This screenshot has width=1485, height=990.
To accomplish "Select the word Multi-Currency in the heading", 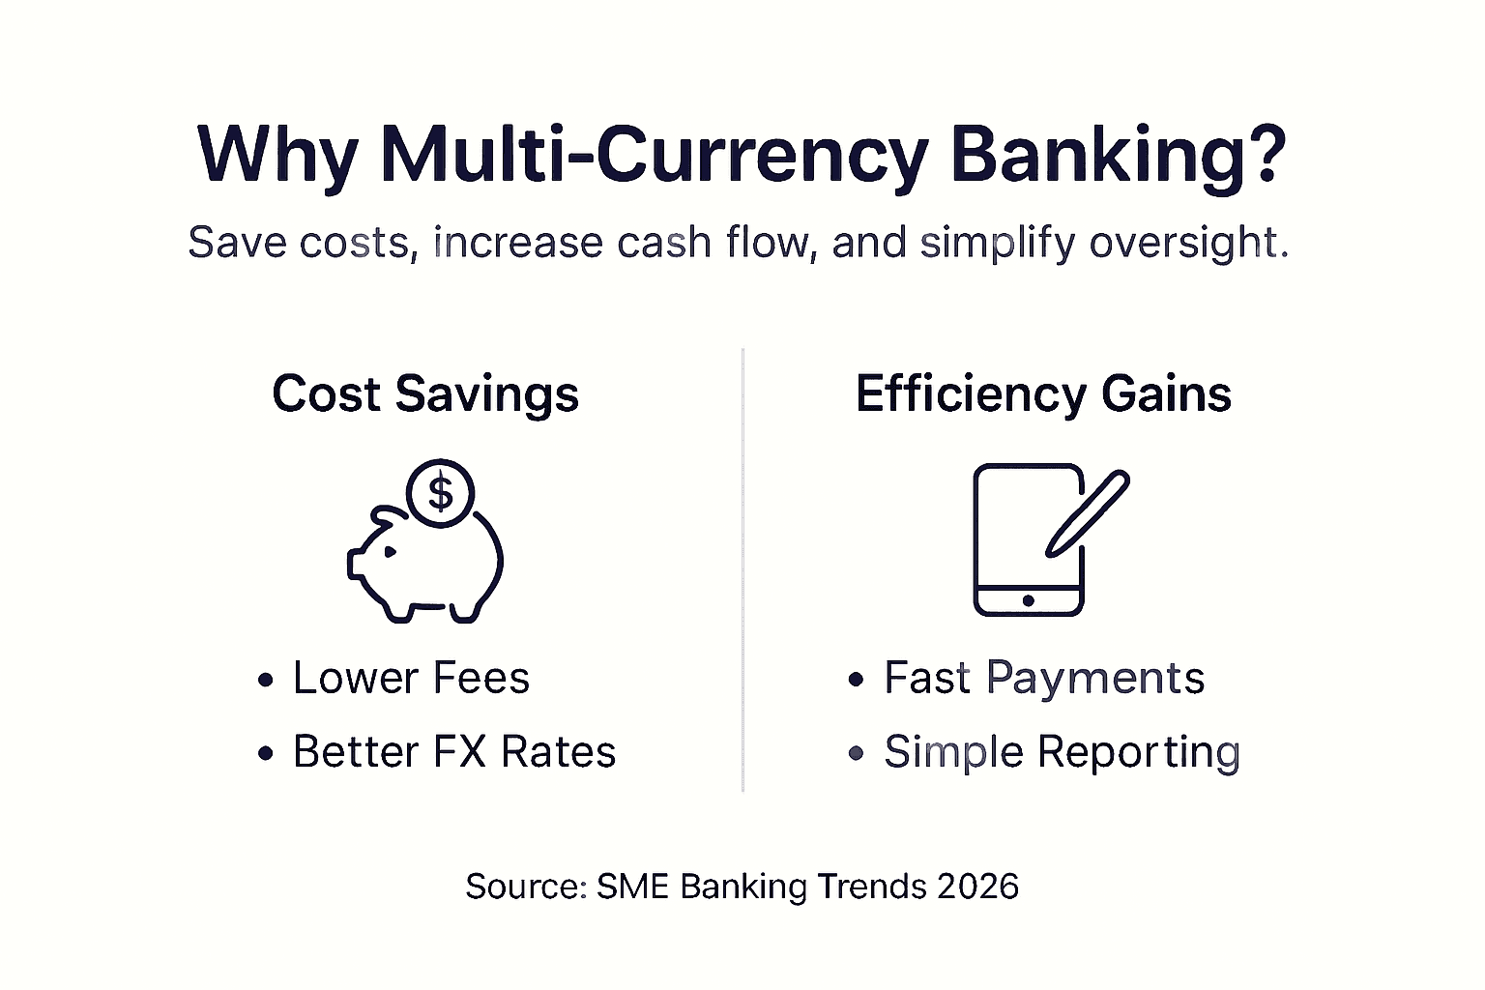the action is click(653, 158).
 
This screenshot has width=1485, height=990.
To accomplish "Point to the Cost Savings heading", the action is click(425, 394).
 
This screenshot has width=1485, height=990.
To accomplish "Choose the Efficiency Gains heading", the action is click(1043, 394).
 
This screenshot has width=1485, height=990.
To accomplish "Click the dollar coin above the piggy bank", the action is click(440, 493).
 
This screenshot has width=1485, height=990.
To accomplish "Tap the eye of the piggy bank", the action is click(390, 552).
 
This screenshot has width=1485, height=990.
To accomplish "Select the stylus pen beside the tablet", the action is click(1088, 514).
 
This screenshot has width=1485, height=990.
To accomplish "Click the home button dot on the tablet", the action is click(1029, 600).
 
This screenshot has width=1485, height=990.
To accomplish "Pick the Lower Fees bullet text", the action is click(412, 679).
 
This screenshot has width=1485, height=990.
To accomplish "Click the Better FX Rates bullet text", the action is click(454, 752).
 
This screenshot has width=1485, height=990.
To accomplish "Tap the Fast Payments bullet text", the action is click(1044, 679).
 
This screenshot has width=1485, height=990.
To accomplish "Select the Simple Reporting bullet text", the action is click(1063, 753).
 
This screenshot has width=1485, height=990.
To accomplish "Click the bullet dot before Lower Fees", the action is click(266, 680).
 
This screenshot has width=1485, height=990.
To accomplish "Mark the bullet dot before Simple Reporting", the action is click(856, 752).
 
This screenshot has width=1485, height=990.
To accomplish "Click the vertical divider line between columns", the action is click(742, 569).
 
